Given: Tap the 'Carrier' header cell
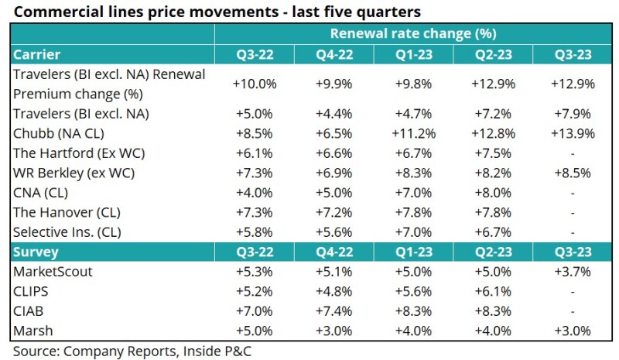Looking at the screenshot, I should (x=37, y=54).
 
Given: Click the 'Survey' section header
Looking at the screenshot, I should (x=36, y=252).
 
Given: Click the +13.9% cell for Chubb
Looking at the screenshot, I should (x=573, y=133).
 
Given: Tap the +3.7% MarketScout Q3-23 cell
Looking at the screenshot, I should (x=573, y=272).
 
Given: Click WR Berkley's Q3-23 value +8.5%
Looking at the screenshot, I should (x=573, y=173).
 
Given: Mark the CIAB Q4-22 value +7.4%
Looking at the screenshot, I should (x=333, y=311).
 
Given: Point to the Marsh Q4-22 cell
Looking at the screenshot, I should (x=333, y=331).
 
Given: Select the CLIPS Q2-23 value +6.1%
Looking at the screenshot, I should (x=493, y=292).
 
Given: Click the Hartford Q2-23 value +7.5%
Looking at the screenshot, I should (x=493, y=153).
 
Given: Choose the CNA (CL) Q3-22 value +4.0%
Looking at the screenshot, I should (x=254, y=193).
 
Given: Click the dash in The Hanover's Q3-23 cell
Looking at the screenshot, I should (x=573, y=213).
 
